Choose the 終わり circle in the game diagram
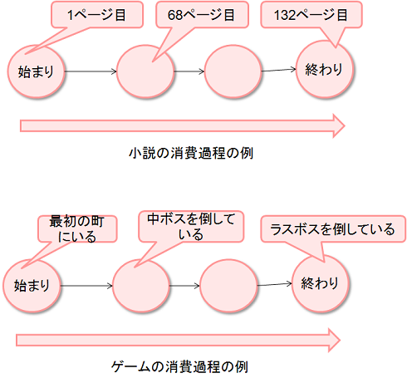point(320,282)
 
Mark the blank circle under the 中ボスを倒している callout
point(142,286)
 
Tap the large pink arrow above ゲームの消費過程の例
point(179,339)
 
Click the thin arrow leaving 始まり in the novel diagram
point(90,72)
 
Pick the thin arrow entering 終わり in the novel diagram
point(279,71)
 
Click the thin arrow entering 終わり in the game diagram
point(273,285)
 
